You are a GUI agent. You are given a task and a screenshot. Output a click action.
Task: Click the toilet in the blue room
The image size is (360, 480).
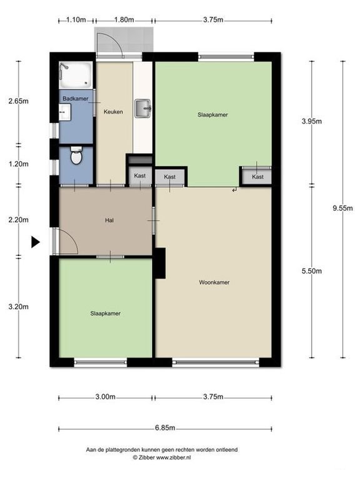[x=76, y=156]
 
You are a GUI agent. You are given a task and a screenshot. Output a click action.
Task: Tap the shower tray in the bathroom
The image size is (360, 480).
[x=76, y=75]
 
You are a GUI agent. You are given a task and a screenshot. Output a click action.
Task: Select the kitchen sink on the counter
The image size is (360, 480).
[x=142, y=108]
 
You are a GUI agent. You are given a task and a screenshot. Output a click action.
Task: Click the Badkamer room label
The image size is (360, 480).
[x=75, y=99]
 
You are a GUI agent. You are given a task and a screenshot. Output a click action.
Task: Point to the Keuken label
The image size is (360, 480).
[x=113, y=112]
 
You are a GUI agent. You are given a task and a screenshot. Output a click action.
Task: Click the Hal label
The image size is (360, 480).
[x=109, y=220]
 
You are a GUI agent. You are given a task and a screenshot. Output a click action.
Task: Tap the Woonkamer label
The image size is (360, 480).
[x=214, y=282]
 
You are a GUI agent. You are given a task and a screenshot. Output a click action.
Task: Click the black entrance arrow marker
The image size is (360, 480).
[x=36, y=242]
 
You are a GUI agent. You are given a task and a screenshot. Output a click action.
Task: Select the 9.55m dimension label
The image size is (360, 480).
[x=342, y=208]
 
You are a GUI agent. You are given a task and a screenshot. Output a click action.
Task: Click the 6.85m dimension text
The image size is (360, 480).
[x=165, y=427]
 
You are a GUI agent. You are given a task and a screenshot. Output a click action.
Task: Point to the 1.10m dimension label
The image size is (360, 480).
[x=76, y=20]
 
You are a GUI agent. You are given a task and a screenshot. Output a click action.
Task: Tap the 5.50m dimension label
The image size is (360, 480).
[x=312, y=271]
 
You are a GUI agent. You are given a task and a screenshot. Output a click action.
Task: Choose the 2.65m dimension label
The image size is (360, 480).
[x=18, y=101]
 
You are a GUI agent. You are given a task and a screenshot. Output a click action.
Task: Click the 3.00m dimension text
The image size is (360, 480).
[x=105, y=397]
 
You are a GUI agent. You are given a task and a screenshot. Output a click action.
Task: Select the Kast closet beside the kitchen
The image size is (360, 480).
[x=140, y=176]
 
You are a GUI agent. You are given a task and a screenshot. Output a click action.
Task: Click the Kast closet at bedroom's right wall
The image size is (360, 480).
[x=257, y=177]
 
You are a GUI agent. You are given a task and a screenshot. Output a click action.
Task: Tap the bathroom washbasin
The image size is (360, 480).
[x=64, y=112]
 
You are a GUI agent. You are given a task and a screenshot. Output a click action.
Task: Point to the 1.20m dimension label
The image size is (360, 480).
[x=18, y=164]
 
